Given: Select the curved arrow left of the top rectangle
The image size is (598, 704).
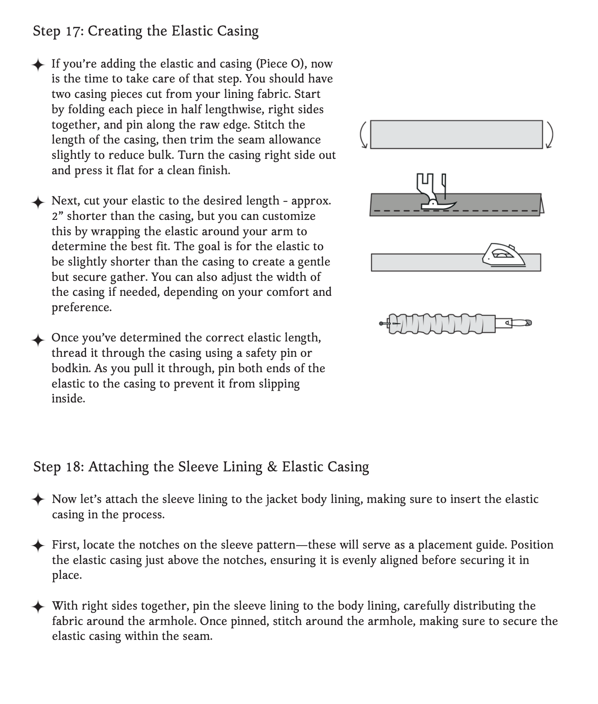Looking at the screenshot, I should [363, 135].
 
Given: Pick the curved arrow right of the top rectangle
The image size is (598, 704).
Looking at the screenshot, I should [549, 135].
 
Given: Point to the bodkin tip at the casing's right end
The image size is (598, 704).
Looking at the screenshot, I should [528, 323].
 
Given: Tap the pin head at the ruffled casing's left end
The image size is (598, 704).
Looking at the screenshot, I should [382, 324].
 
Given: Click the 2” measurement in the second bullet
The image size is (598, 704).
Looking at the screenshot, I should [58, 216].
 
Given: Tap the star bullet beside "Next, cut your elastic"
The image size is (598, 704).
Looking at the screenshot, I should [38, 202].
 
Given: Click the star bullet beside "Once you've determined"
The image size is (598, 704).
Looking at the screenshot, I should [38, 339].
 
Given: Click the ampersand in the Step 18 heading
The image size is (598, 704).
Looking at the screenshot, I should [272, 467].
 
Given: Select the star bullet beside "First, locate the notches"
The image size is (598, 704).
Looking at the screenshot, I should [38, 546].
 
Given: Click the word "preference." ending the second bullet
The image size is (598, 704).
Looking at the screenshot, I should [82, 307].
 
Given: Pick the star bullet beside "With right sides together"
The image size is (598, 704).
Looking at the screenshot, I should [38, 607].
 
